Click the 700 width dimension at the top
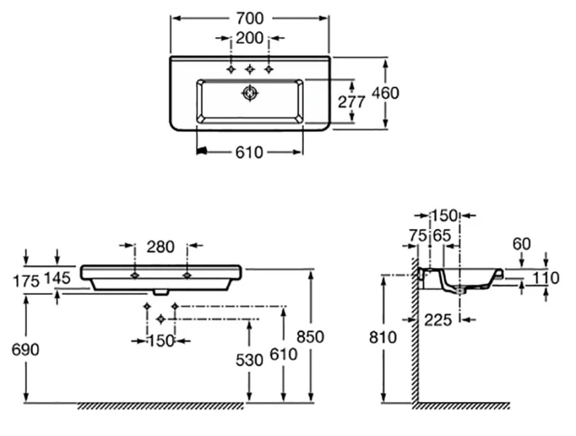click(250, 17)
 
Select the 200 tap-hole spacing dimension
click(250, 37)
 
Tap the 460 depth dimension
click(386, 93)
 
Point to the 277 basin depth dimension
click(352, 102)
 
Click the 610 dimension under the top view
click(250, 152)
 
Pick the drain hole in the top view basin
click(250, 93)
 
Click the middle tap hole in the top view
click(250, 69)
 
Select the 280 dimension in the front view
click(160, 246)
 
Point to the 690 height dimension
click(25, 350)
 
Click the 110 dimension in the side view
click(546, 278)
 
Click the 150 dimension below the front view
click(160, 340)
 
